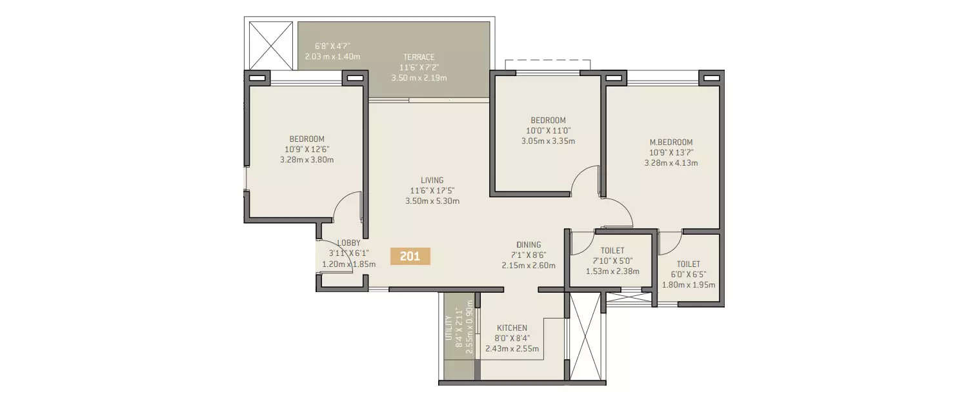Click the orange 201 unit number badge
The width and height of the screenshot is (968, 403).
410,256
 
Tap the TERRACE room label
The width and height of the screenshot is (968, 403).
419,57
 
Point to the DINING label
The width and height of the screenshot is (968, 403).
529,244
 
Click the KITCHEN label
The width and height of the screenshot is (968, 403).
512,328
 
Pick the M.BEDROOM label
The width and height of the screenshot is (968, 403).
671,143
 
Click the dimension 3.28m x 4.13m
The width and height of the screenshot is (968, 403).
671,163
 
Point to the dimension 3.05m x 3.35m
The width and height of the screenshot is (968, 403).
548,141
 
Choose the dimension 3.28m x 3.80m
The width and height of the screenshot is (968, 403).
307,160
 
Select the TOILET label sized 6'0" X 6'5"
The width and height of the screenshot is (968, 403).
688,264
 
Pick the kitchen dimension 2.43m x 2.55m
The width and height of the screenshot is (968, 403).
512,349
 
